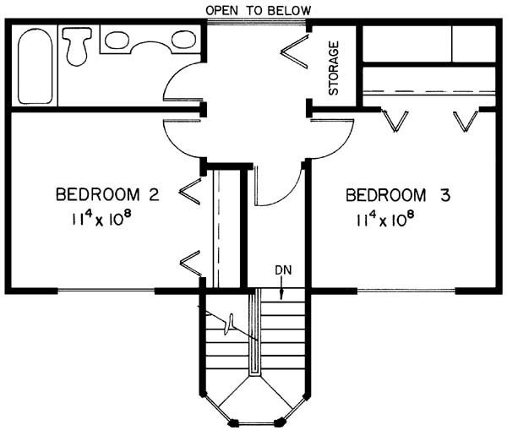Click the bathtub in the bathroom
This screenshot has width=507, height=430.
[x=35, y=66]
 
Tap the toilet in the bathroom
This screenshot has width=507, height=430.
[x=77, y=46]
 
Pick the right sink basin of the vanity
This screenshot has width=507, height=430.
[x=183, y=40]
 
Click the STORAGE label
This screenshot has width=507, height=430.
[x=334, y=68]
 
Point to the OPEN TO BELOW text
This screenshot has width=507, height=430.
[x=259, y=11]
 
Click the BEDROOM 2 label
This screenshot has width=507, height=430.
[x=107, y=194]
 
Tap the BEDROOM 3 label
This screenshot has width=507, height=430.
[x=398, y=195]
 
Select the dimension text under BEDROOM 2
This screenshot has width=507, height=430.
[x=101, y=220]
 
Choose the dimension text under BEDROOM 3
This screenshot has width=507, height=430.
[x=385, y=220]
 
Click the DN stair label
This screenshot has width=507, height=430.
[x=283, y=270]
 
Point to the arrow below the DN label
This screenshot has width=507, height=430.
[x=281, y=288]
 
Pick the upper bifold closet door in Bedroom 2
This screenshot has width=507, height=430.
[x=191, y=192]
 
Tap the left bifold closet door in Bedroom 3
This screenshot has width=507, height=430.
[x=395, y=120]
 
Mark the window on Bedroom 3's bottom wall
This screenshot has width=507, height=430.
[x=406, y=291]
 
